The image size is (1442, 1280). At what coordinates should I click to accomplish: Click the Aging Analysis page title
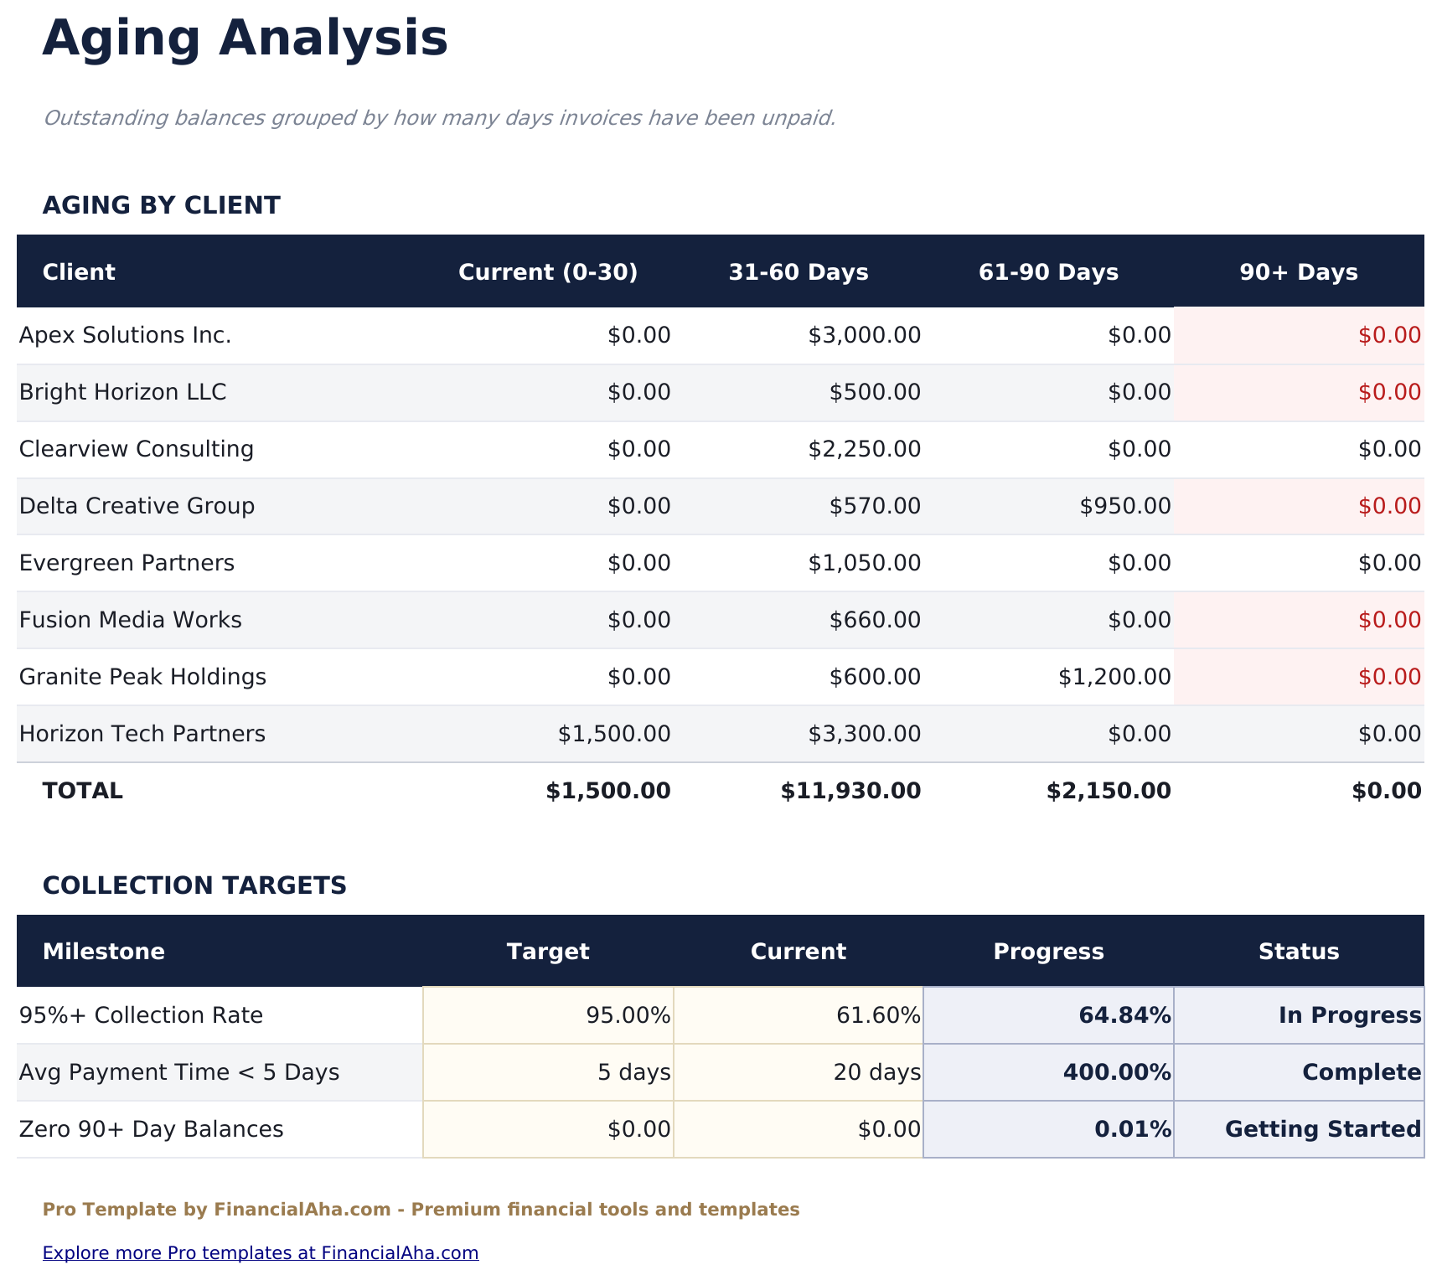(x=245, y=39)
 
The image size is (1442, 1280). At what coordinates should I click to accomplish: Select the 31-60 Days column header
(x=798, y=272)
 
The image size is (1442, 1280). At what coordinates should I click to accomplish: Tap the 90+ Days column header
(x=1298, y=272)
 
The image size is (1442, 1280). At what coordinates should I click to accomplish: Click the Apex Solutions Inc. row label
(x=125, y=336)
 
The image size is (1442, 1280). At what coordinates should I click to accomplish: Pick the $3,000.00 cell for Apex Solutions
(x=864, y=336)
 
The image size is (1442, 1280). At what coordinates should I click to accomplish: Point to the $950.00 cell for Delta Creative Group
(x=1124, y=506)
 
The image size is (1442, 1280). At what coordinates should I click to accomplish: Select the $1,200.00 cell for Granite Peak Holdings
(x=1114, y=677)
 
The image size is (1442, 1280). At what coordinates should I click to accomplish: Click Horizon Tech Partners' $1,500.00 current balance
(x=614, y=734)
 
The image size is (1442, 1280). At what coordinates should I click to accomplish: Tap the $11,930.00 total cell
(x=850, y=791)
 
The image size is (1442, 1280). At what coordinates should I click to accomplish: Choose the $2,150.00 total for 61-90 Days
(x=1108, y=791)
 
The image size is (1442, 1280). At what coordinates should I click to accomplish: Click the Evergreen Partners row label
(x=127, y=563)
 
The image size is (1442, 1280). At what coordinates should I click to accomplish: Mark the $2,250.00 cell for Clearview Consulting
(x=864, y=449)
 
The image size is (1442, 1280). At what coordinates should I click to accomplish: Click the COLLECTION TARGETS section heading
(x=194, y=885)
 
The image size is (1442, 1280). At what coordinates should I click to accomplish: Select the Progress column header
(x=1048, y=952)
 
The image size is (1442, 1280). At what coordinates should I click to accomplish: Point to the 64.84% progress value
(x=1124, y=1015)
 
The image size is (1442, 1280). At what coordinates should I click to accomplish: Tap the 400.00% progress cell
(x=1116, y=1072)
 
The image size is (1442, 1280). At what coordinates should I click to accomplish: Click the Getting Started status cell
(x=1322, y=1129)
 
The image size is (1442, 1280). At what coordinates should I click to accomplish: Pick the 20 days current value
(x=876, y=1072)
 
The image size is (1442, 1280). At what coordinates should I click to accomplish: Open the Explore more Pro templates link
(x=261, y=1253)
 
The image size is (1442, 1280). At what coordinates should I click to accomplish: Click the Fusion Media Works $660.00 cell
(x=875, y=620)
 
